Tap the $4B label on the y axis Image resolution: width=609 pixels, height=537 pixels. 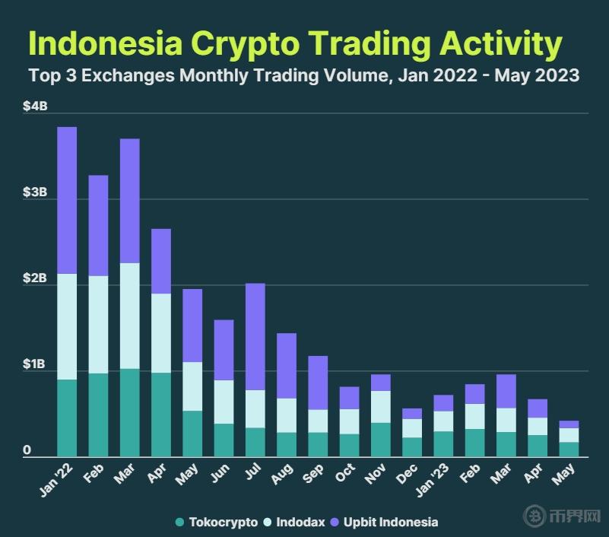(35, 106)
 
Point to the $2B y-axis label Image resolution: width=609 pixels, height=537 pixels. (35, 279)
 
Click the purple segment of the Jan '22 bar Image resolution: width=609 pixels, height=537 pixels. (67, 200)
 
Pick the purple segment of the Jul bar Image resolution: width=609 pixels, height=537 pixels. (255, 336)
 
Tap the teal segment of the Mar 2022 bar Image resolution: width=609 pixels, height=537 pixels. (129, 412)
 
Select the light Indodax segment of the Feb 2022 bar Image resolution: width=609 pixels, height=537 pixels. (98, 324)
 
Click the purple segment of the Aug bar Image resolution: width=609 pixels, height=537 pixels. (286, 365)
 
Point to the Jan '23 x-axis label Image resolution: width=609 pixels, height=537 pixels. (439, 477)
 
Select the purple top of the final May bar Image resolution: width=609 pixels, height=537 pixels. (568, 424)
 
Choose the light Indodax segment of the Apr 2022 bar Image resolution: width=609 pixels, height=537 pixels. (160, 332)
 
